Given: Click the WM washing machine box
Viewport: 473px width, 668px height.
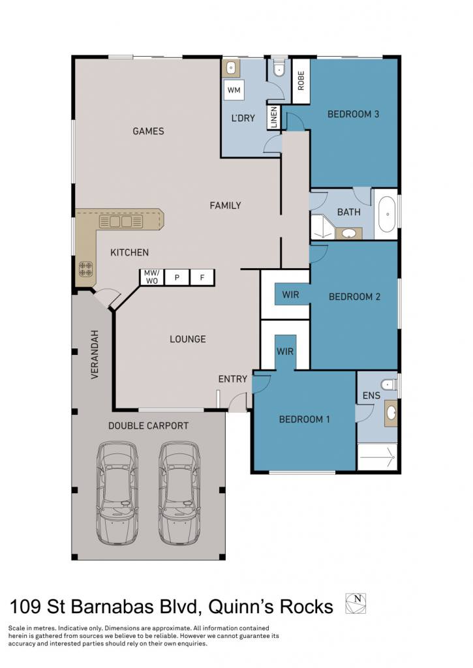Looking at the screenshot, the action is click(x=234, y=90).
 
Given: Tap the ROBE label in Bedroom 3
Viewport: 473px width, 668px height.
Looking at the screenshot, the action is click(x=301, y=80).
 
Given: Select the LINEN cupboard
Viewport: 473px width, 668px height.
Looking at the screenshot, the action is click(x=273, y=117).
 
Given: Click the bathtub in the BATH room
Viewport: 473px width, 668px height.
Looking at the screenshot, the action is click(x=386, y=214).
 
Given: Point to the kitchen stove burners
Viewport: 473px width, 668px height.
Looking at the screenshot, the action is click(x=85, y=268).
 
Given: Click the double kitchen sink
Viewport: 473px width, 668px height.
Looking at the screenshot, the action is click(x=121, y=222).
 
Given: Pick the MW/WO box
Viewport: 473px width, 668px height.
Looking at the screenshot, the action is click(x=152, y=277).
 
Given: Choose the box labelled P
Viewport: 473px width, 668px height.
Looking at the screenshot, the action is click(x=177, y=277).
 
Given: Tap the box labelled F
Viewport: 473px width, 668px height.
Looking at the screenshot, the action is click(x=202, y=277).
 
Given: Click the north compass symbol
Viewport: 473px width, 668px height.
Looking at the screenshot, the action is click(x=356, y=603).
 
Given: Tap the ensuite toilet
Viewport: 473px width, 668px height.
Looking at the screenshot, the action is click(x=389, y=384).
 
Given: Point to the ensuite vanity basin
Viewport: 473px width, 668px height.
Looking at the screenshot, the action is click(x=391, y=413).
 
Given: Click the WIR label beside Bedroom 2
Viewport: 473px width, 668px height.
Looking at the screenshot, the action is click(x=290, y=294).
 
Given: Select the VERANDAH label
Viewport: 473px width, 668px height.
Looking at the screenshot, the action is click(x=95, y=354).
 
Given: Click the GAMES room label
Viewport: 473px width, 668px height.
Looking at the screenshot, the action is click(x=148, y=131).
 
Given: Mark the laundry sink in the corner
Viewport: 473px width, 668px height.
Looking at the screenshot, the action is click(x=230, y=68).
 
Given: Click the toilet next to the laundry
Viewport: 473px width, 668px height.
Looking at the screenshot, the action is click(x=279, y=69).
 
